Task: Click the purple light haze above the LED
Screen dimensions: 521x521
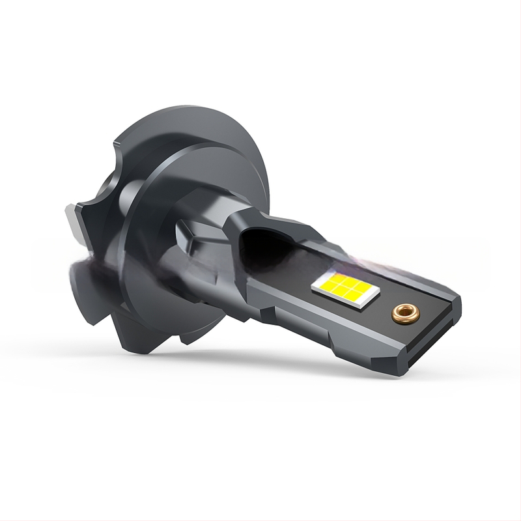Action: coord(365,260)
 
